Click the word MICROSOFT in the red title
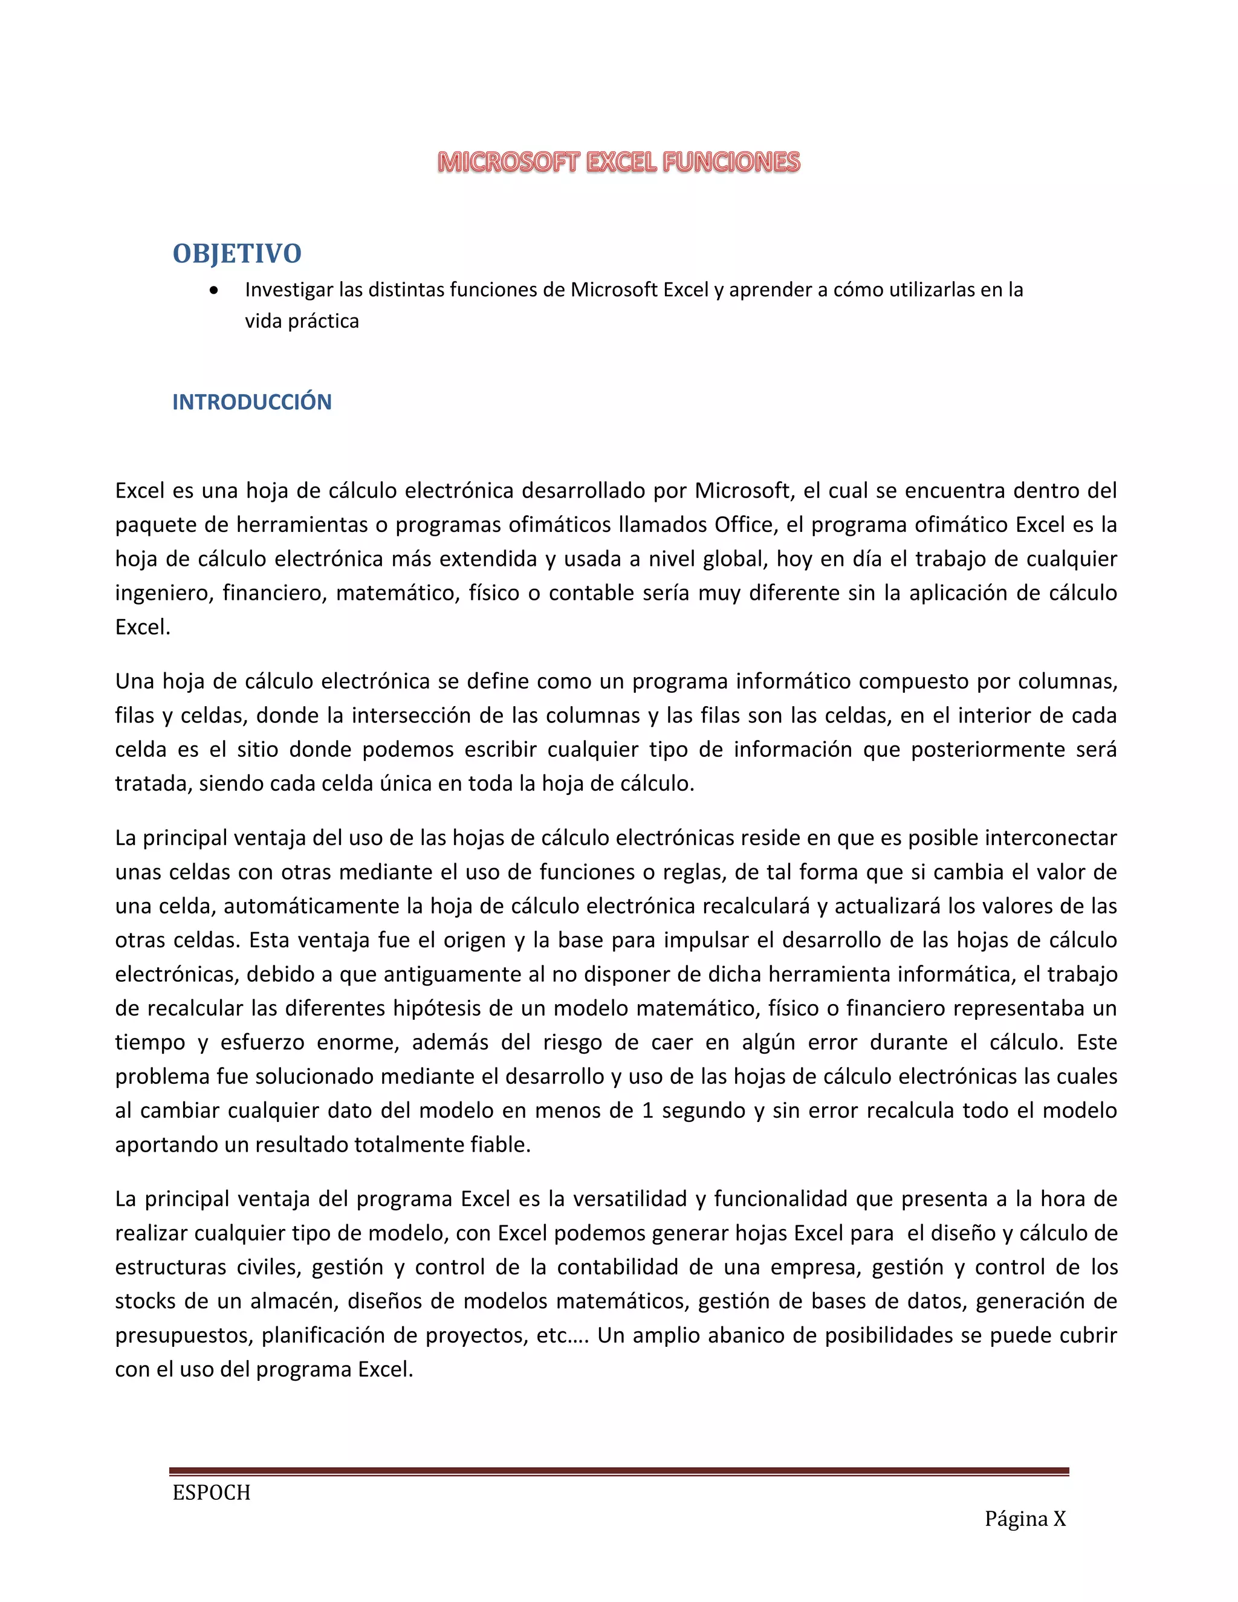(x=508, y=162)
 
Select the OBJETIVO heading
(x=237, y=254)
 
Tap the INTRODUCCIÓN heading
(x=251, y=402)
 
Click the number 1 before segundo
(x=647, y=1111)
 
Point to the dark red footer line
(x=618, y=1471)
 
